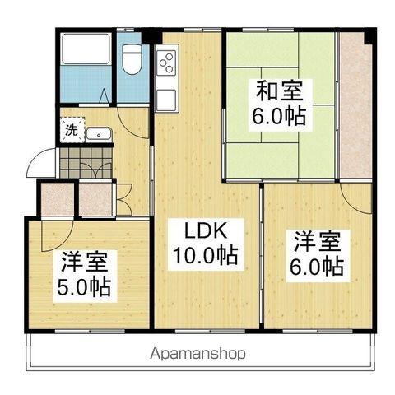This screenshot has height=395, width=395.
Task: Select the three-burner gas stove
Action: point(168,62)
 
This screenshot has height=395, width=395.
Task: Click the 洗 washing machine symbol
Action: point(72,130)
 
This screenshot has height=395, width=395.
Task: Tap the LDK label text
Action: point(203,231)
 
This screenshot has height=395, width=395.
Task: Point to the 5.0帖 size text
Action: point(86,289)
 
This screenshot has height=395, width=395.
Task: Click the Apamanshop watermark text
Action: point(197,355)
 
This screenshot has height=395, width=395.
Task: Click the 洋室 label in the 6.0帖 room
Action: point(316,242)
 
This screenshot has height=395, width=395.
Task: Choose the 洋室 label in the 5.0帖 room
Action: point(86,265)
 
